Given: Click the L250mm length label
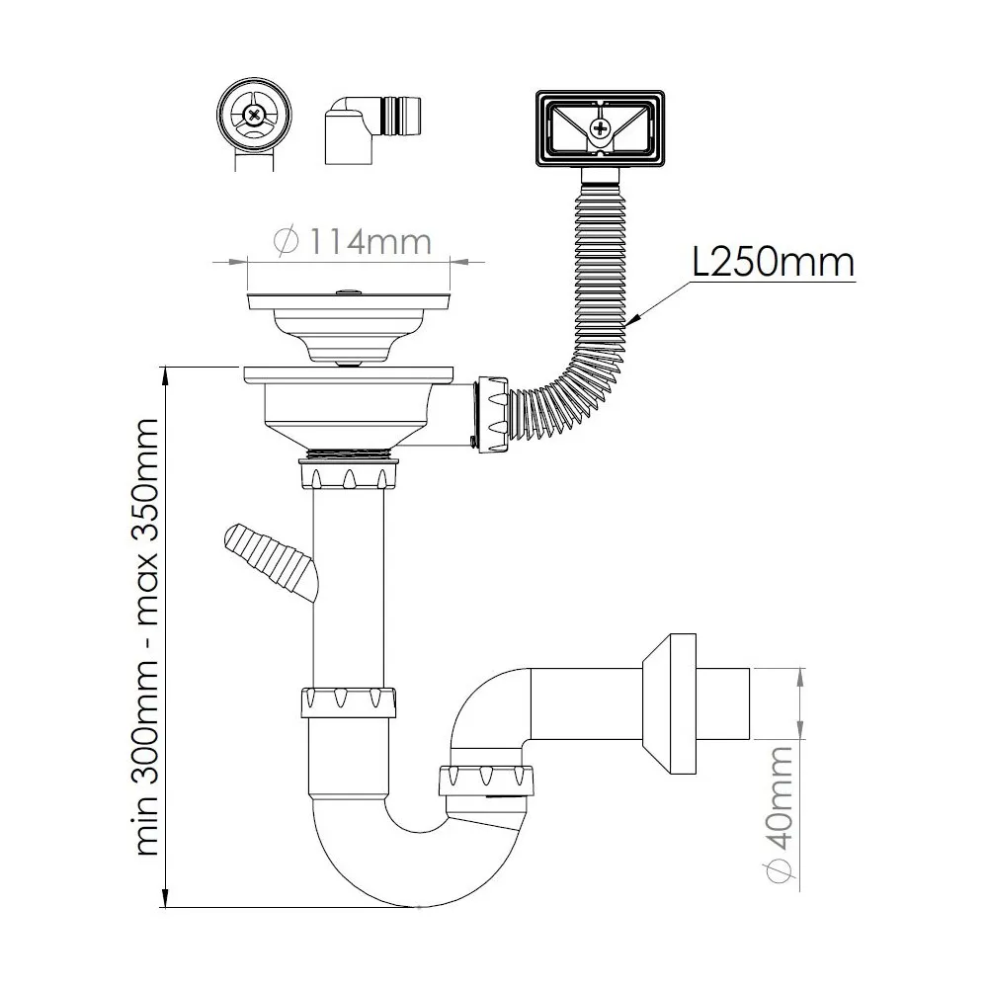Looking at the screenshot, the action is point(774,261).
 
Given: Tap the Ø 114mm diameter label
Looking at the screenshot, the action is point(353,241).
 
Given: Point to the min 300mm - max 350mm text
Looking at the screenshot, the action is point(147,636).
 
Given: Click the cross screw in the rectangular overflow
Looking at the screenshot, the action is point(601,128).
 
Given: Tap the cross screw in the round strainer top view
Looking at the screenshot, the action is point(254,116).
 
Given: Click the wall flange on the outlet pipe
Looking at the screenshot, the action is point(670,703).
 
